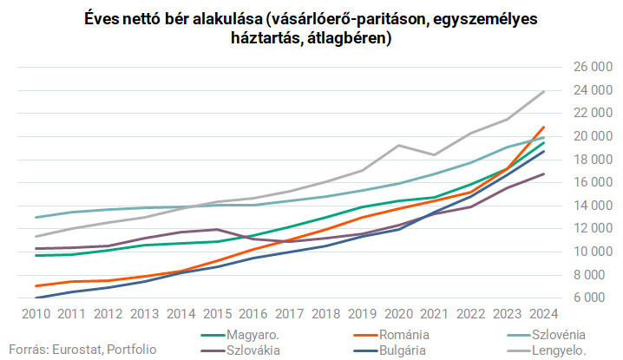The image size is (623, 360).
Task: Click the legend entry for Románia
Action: pyautogui.click(x=406, y=334)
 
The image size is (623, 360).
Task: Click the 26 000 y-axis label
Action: pyautogui.click(x=587, y=67)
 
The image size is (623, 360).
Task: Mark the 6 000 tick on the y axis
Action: pyautogui.click(x=590, y=298)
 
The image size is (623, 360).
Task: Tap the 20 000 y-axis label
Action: pyautogui.click(x=587, y=136)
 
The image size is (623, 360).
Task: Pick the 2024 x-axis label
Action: pyautogui.click(x=543, y=312)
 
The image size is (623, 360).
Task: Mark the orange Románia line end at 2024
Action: pyautogui.click(x=543, y=128)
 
